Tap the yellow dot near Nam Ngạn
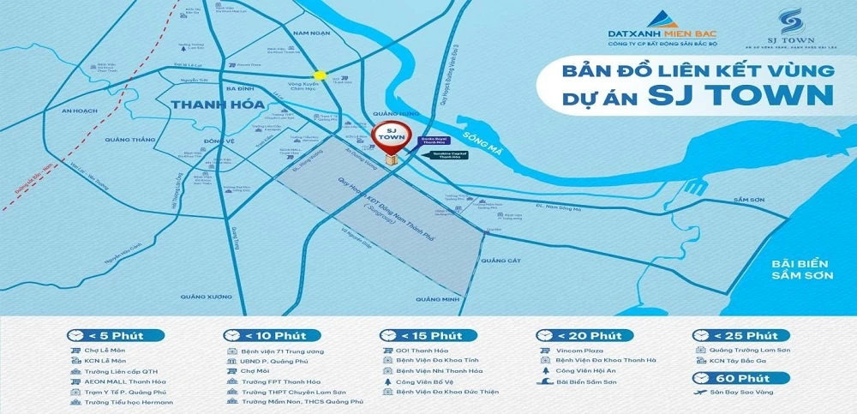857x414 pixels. click(320, 75)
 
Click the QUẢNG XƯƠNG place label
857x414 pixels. click(206, 296)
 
